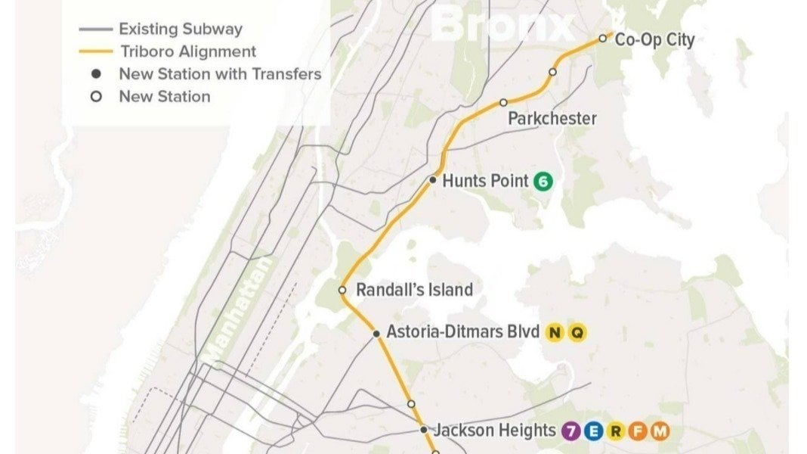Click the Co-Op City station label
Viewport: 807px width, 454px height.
tap(654, 40)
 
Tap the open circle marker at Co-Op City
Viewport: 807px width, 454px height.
tap(603, 38)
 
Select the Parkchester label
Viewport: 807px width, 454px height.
tap(552, 119)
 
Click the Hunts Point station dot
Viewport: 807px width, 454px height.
tap(433, 180)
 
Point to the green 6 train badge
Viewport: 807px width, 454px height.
tap(543, 182)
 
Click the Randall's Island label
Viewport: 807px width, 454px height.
tap(414, 290)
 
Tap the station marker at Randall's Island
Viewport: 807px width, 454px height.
tap(342, 290)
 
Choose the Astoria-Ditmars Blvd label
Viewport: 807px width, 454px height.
tap(462, 332)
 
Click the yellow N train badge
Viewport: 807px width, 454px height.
tap(555, 333)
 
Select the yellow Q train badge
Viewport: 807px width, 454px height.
tap(577, 333)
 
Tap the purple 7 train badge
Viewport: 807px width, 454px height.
tap(572, 431)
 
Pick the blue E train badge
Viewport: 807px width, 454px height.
tap(594, 431)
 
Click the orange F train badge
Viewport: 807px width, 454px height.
tap(638, 431)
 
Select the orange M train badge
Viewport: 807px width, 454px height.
tap(660, 431)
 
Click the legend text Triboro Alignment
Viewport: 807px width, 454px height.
tap(187, 51)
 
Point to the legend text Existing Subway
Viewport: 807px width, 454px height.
tap(181, 30)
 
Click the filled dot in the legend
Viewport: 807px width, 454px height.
tap(97, 74)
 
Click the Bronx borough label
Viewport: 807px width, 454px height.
tap(502, 26)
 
